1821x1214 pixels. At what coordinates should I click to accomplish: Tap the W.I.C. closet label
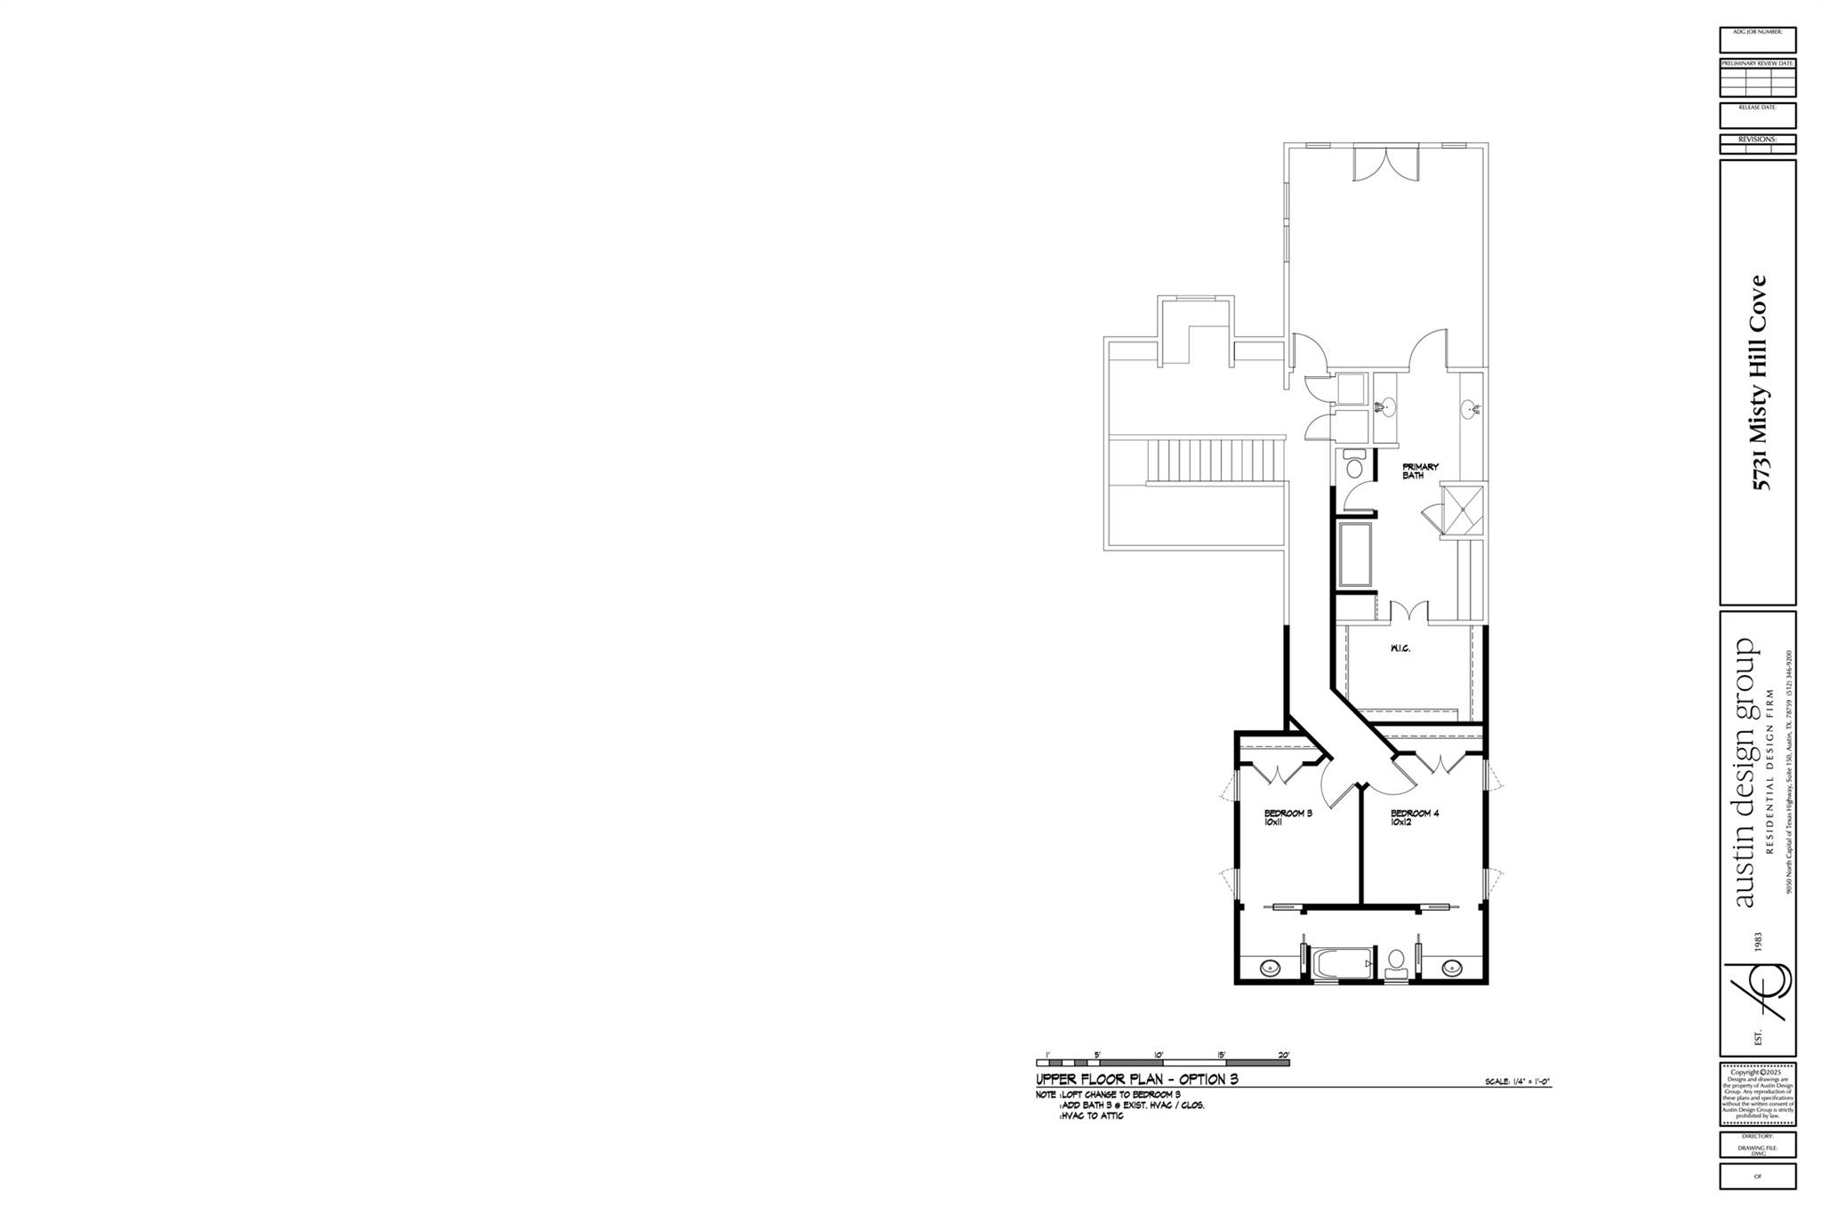tap(1400, 648)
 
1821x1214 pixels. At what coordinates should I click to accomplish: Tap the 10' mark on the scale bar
tap(1159, 1055)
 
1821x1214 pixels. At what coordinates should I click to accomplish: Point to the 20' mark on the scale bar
tap(1283, 1055)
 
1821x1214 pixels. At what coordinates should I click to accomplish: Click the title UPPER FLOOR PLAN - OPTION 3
tap(1136, 1080)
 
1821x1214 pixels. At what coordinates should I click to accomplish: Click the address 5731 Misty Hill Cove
tap(1760, 382)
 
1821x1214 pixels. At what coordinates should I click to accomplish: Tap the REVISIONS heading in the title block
tap(1757, 140)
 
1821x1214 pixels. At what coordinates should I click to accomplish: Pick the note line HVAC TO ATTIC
tap(1092, 1115)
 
